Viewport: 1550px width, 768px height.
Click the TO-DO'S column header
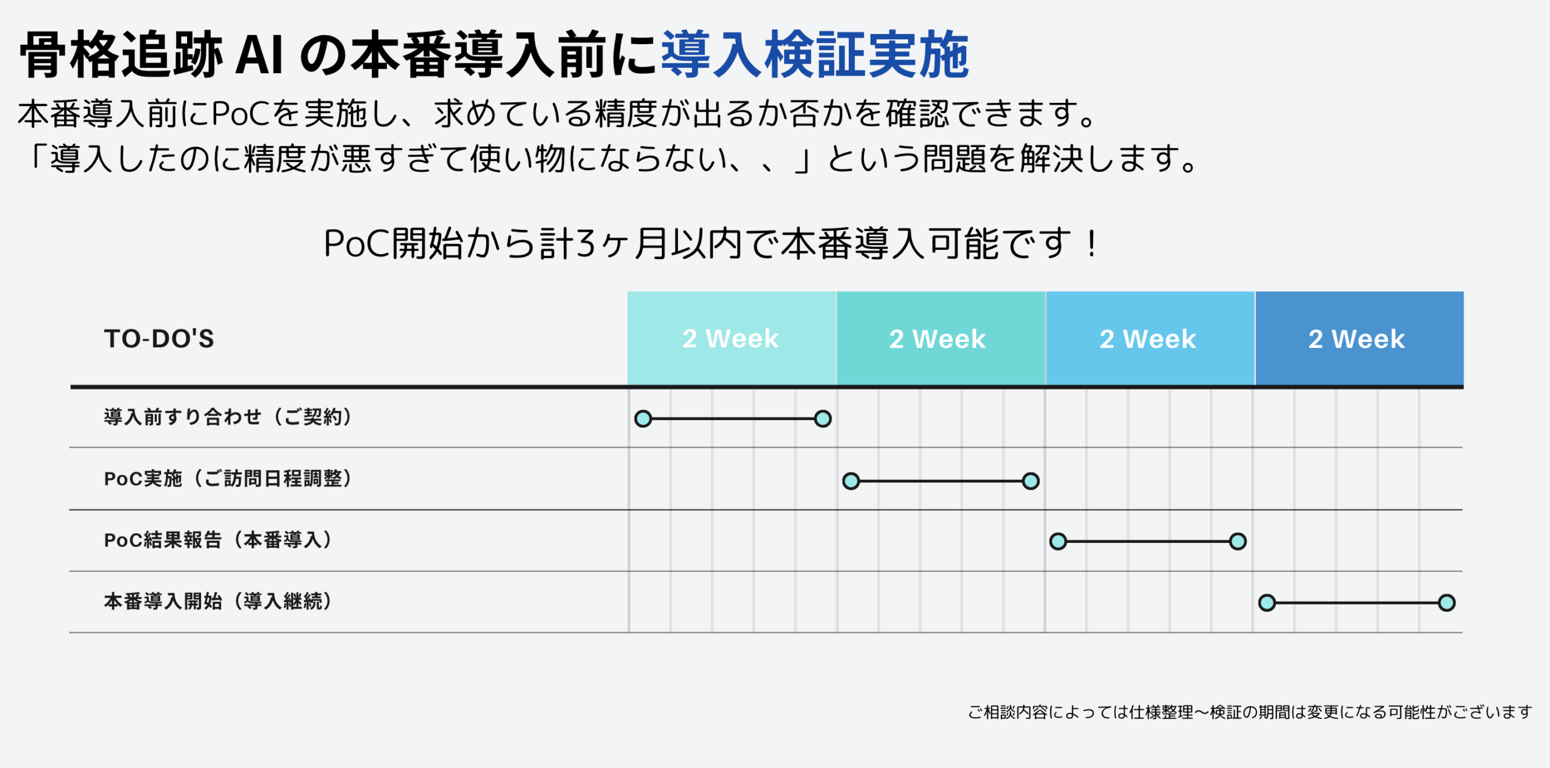(x=159, y=339)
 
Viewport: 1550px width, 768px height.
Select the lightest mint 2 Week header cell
(x=731, y=338)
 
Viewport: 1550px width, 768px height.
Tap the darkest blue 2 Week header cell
(x=1359, y=338)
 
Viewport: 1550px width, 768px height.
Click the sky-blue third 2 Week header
(x=1150, y=338)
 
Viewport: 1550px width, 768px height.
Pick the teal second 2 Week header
(x=941, y=338)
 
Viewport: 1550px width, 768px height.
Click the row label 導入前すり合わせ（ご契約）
(x=228, y=417)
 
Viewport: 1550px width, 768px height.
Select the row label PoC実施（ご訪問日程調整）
(x=228, y=479)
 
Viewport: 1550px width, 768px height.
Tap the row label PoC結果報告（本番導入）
(x=218, y=540)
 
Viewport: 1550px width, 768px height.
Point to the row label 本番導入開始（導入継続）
(x=218, y=602)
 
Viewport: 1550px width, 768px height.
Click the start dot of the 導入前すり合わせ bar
(x=643, y=419)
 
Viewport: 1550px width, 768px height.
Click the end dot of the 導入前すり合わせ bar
(x=823, y=419)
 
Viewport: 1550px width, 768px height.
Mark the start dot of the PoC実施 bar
(x=851, y=481)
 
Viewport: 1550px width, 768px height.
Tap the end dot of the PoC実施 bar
(x=1031, y=481)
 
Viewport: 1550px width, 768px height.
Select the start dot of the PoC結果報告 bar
(x=1058, y=541)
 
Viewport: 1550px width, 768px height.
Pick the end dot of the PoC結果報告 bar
(x=1238, y=541)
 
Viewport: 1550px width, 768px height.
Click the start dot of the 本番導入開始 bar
(x=1267, y=603)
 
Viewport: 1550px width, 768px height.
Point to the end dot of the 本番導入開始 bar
(x=1446, y=603)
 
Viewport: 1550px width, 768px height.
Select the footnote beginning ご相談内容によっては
(x=1250, y=712)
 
